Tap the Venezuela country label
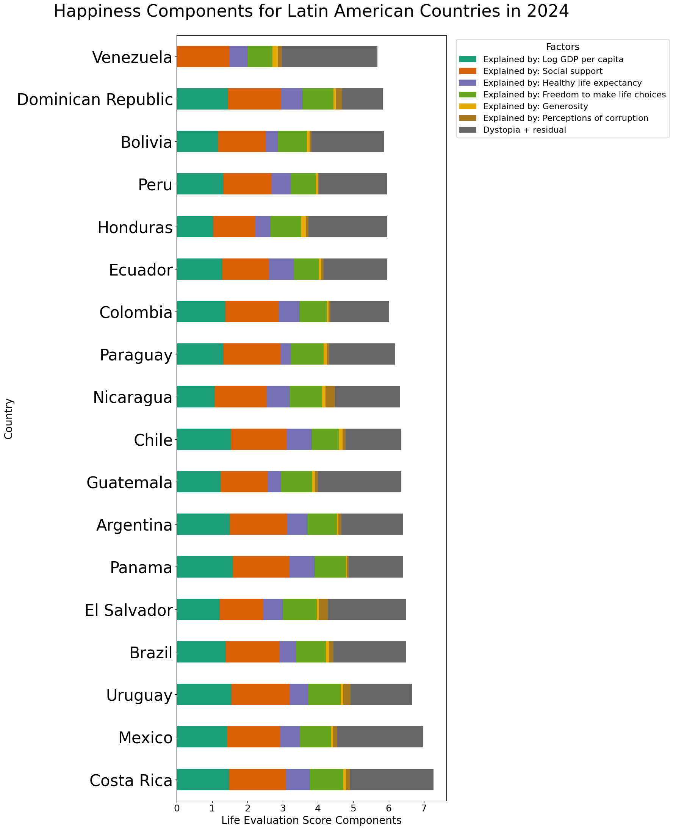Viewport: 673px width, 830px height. [x=132, y=58]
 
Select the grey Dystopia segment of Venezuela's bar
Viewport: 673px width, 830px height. [x=330, y=56]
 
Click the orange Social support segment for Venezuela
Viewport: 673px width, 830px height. [x=203, y=56]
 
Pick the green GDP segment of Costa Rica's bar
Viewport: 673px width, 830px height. [x=203, y=779]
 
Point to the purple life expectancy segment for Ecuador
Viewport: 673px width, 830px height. [x=281, y=269]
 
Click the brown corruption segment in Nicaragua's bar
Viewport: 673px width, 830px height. [x=330, y=396]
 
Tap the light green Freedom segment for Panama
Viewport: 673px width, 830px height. [x=330, y=567]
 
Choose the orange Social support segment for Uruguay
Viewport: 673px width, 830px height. [x=260, y=694]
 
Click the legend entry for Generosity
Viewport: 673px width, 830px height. [x=535, y=106]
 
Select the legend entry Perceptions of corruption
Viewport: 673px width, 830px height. [x=565, y=118]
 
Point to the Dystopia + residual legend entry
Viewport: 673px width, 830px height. [x=524, y=130]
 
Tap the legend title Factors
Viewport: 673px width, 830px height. [x=562, y=47]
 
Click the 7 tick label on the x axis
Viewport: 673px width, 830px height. [x=424, y=809]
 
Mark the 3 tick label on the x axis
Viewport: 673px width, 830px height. [x=283, y=809]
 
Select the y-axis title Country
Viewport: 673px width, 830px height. [x=9, y=419]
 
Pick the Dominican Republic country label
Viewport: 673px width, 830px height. [x=95, y=100]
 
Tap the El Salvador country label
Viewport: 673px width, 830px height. [x=129, y=610]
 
